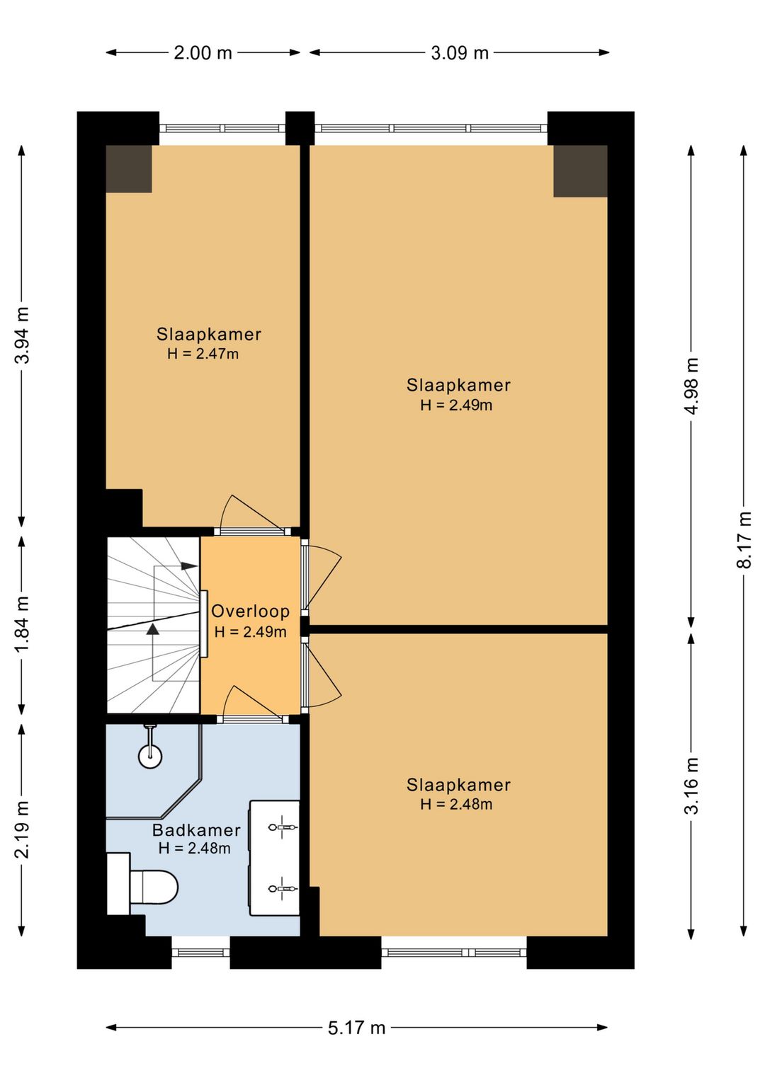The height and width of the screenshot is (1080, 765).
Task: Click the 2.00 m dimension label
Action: tap(203, 52)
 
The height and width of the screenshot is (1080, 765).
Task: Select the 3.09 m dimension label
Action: tap(460, 52)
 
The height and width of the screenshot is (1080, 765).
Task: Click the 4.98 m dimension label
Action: tap(691, 386)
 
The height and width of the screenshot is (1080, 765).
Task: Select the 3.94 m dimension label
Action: tap(22, 335)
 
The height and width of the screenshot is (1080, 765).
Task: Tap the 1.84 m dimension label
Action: tap(22, 624)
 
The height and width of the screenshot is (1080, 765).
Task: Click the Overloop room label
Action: tap(251, 611)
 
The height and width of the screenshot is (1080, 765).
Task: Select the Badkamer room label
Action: tap(196, 829)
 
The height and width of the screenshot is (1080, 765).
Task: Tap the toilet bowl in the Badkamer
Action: tap(154, 887)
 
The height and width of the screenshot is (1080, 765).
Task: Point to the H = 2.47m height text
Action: tap(203, 354)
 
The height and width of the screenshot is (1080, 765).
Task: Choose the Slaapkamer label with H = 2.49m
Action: tap(458, 385)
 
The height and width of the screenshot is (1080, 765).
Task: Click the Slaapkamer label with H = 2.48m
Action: tap(458, 785)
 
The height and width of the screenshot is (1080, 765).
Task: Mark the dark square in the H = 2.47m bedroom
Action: tap(129, 168)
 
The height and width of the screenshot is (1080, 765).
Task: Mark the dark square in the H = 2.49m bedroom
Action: tap(580, 171)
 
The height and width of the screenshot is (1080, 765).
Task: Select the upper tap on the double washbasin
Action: tap(283, 827)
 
